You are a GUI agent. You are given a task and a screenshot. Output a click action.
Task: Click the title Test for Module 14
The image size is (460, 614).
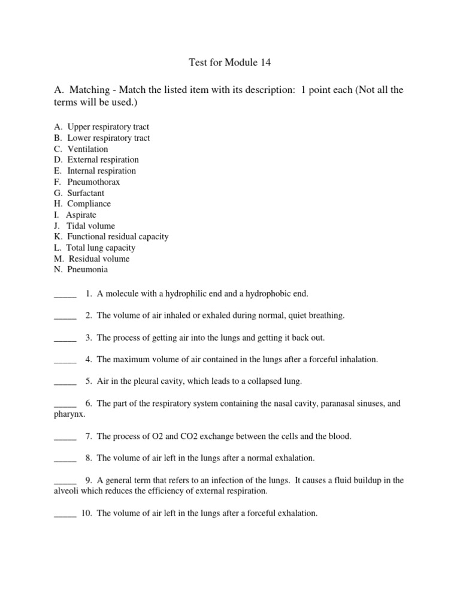coord(229,62)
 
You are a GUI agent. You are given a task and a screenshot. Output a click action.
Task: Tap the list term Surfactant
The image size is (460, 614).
coord(86,193)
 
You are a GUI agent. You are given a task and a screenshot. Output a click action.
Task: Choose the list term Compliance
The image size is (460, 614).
coord(89,204)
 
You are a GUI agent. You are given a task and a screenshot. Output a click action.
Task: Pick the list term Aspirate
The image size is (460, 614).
coord(81,215)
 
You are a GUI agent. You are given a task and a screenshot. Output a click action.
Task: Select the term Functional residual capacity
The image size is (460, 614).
coord(117,237)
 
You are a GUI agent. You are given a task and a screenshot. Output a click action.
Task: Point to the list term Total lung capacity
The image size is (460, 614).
coord(101,248)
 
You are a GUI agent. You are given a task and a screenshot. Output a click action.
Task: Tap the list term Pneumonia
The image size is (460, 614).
coord(87,270)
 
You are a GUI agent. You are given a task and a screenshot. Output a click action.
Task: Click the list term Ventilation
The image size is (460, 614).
coord(87,149)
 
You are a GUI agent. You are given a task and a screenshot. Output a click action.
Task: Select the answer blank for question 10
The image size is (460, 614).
coord(65,514)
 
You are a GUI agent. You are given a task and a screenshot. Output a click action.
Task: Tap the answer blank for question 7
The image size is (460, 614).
coord(65,437)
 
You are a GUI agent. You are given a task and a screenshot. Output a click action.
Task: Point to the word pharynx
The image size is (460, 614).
coord(69,414)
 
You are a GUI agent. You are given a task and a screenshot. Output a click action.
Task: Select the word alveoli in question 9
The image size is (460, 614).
coord(68,491)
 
